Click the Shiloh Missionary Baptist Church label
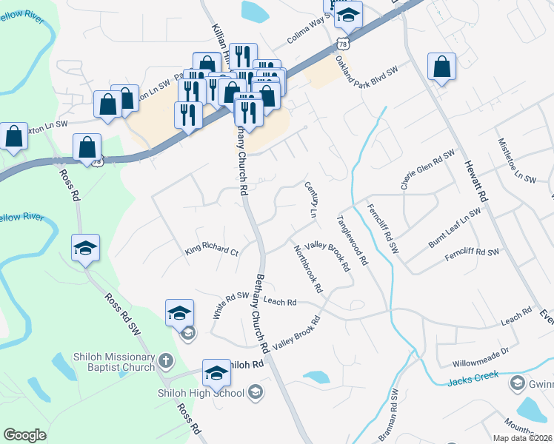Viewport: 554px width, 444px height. (x=104, y=361)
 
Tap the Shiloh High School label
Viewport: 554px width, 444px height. (x=200, y=392)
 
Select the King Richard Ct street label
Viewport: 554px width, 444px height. (x=212, y=252)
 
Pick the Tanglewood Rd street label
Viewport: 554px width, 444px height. (x=353, y=240)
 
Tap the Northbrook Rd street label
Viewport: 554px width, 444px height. (x=308, y=267)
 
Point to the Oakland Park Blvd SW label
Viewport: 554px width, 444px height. (x=367, y=74)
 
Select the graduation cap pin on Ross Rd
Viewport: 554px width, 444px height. (x=85, y=248)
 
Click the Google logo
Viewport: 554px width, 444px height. (x=24, y=435)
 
